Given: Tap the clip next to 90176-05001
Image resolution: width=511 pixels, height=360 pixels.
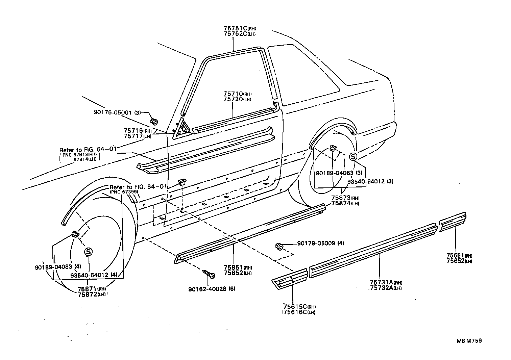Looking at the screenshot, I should (154, 121).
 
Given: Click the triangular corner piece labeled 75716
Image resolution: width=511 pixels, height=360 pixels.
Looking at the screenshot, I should (181, 129).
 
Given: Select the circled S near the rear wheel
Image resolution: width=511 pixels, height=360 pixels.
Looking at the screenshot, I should (353, 156).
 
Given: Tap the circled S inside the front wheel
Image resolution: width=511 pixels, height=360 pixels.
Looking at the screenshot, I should (88, 252).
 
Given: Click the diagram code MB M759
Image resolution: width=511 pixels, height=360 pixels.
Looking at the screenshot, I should (469, 341).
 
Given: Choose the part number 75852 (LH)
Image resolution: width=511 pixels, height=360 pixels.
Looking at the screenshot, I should (233, 273).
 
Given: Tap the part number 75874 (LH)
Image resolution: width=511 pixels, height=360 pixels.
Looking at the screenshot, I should (341, 203).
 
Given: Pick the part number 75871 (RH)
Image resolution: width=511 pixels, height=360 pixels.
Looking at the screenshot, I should (87, 289).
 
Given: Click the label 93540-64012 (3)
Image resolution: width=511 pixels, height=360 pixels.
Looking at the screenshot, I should (370, 181).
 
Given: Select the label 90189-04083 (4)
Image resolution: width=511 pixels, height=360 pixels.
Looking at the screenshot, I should (58, 267).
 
